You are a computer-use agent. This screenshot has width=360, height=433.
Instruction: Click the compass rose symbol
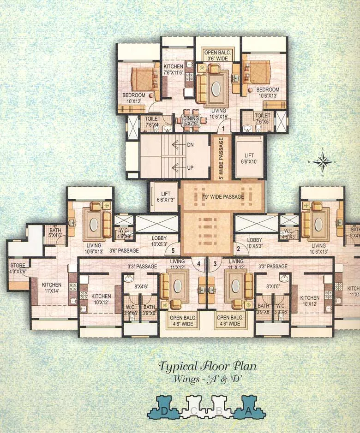pyautogui.click(x=323, y=161)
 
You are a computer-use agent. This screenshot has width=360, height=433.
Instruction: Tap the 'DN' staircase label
pyautogui.click(x=190, y=144)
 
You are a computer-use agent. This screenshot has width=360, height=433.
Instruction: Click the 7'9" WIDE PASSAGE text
pyautogui.click(x=222, y=197)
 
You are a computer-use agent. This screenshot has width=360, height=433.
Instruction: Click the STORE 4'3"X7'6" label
pyautogui.click(x=18, y=268)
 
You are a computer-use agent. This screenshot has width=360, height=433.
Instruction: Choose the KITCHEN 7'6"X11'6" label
pyautogui.click(x=174, y=70)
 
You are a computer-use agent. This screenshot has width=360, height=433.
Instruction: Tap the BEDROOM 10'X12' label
pyautogui.click(x=134, y=98)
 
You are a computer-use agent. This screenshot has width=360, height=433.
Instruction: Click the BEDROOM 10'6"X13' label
pyautogui.click(x=268, y=93)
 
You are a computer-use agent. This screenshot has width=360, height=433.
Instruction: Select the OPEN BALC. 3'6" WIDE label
pyautogui.click(x=217, y=56)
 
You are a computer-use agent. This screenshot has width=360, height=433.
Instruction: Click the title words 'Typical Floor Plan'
pyautogui.click(x=207, y=367)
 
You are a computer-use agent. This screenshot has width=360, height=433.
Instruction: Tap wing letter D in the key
pyautogui.click(x=164, y=411)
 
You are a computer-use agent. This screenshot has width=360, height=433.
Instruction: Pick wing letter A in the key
pyautogui.click(x=248, y=411)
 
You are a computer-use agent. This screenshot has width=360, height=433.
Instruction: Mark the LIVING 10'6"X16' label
pyautogui.click(x=218, y=113)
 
